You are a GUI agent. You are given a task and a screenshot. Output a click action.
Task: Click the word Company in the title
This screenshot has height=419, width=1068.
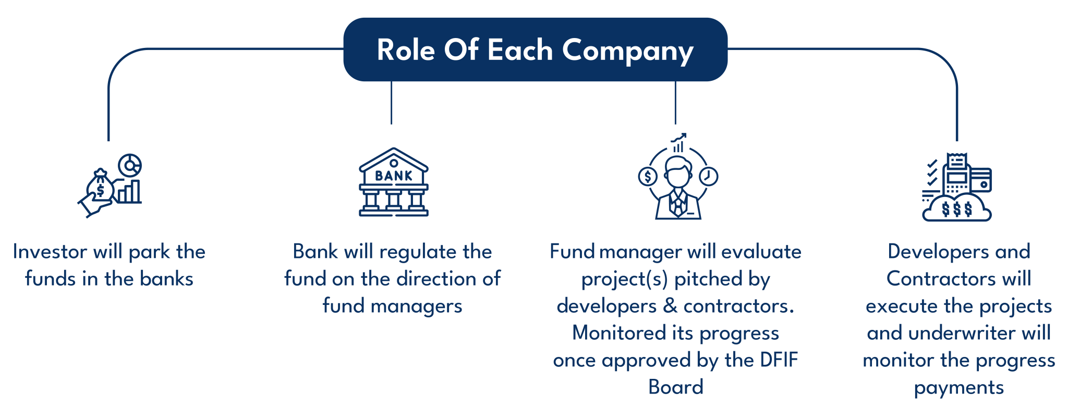pyautogui.click(x=627, y=51)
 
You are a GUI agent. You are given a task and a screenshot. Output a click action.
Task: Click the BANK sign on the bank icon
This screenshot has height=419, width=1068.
pyautogui.click(x=394, y=176)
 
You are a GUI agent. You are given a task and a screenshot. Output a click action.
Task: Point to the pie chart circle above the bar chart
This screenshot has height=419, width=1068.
pyautogui.click(x=129, y=166)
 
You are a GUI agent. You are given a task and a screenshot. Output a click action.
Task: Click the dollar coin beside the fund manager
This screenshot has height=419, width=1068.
pyautogui.click(x=648, y=177)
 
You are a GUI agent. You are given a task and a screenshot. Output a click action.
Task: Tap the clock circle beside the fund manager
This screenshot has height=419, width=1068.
pyautogui.click(x=708, y=176)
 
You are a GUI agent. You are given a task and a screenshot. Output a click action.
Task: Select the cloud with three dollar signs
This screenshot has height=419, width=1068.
pyautogui.click(x=957, y=210)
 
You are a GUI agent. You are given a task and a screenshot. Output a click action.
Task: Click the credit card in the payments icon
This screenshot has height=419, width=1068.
pyautogui.click(x=982, y=180)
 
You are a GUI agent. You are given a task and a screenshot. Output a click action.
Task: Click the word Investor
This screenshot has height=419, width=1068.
pyautogui.click(x=50, y=252)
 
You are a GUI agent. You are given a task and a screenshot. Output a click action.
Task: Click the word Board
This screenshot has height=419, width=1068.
pyautogui.click(x=676, y=387)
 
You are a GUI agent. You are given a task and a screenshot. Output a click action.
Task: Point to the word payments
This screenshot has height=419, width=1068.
pyautogui.click(x=958, y=388)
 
